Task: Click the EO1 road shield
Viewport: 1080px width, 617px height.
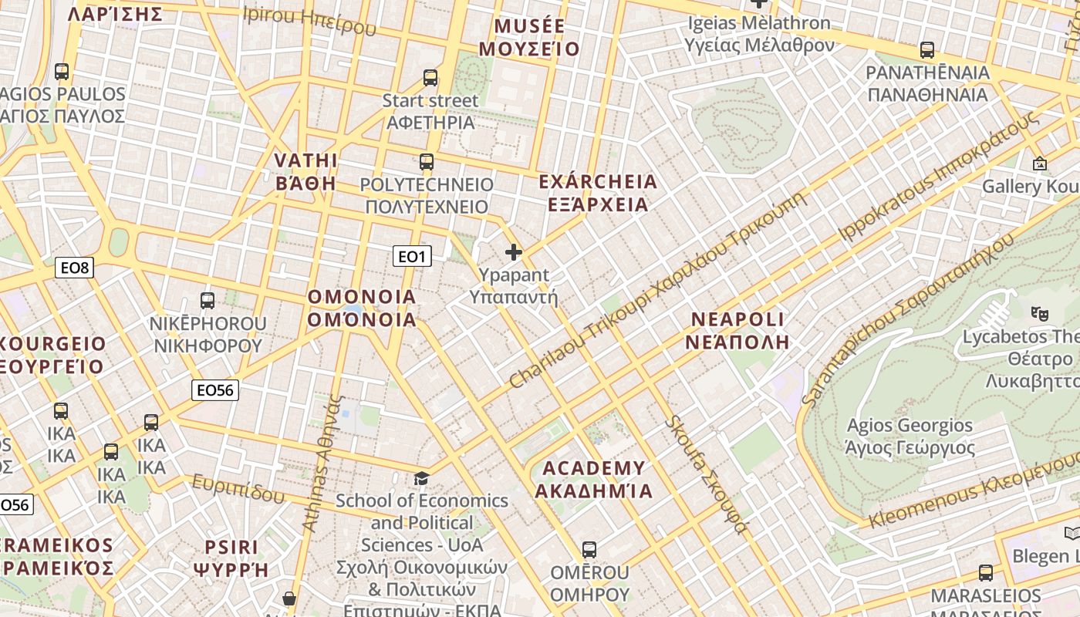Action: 412,256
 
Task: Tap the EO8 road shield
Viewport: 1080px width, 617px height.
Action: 75,268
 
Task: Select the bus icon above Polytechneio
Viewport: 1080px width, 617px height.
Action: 427,162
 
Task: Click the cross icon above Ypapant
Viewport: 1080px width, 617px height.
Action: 514,252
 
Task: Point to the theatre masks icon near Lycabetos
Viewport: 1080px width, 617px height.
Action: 1040,313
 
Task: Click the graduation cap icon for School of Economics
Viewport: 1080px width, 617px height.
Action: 421,479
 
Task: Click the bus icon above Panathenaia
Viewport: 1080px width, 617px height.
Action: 927,50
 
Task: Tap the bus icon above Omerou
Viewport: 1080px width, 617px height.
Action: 589,550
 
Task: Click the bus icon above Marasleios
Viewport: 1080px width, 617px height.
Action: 986,573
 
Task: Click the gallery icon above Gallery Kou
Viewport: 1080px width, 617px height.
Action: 1040,164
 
